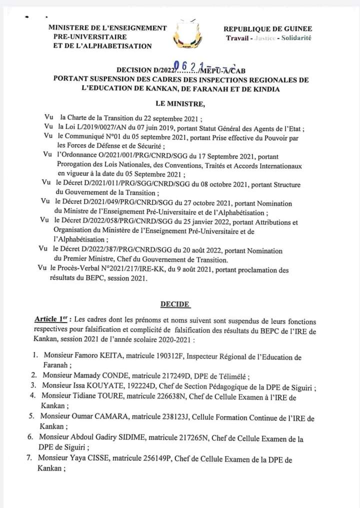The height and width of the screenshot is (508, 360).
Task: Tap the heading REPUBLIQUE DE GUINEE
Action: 268,29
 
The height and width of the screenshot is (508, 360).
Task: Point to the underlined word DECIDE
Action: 175,303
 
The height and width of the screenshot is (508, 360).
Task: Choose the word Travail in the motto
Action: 237,38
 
